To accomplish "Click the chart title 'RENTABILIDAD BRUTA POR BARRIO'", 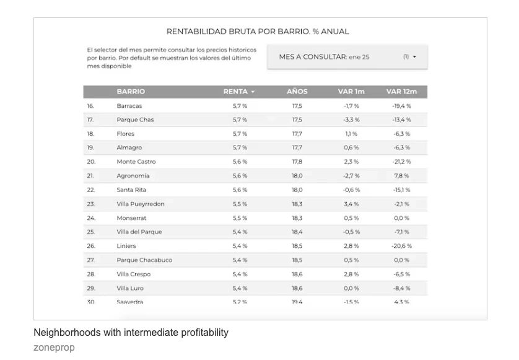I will point(257,32).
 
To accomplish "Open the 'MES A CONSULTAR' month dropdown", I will point(347,56).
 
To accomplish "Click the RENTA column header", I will point(239,92).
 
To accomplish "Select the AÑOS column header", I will point(297,92).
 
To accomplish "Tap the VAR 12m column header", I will point(401,92).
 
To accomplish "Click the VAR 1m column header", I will point(351,92).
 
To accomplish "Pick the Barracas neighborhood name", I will point(129,106).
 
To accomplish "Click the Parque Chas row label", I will point(135,120).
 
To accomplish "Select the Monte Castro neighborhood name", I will point(136,162).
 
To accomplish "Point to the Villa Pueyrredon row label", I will point(141,204).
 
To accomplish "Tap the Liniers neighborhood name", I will point(126,246).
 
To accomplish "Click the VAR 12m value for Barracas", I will point(401,106).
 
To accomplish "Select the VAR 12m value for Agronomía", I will point(401,176).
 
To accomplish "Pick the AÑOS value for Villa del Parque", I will point(297,232).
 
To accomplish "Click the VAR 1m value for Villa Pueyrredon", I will point(351,204).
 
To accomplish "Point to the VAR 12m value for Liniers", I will point(401,246).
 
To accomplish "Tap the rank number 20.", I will point(90,162).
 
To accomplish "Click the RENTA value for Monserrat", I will point(240,218).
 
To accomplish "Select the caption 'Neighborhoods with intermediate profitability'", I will point(131,333).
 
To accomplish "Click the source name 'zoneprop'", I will point(54,348).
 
